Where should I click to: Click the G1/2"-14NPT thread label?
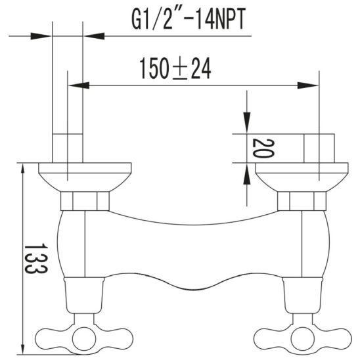click(189, 19)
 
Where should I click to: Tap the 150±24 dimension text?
click(175, 68)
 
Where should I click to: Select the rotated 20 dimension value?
click(263, 148)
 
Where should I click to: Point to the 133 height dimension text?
click(36, 259)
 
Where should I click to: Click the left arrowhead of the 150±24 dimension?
click(79, 85)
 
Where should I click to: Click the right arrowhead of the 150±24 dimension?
click(308, 85)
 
